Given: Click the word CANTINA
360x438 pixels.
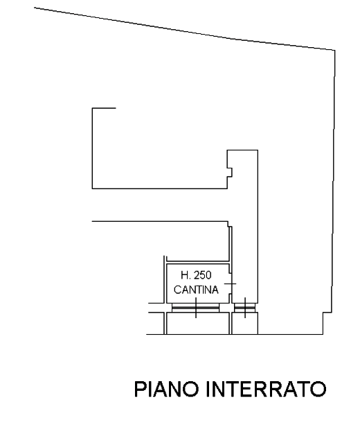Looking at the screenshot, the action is pyautogui.click(x=196, y=290).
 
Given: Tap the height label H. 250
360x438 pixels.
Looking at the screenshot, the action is pyautogui.click(x=196, y=275).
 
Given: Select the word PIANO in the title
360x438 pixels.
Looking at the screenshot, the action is pyautogui.click(x=167, y=389).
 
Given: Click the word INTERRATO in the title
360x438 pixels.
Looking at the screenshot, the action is pyautogui.click(x=267, y=389).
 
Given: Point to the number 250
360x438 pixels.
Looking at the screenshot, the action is pyautogui.click(x=203, y=275).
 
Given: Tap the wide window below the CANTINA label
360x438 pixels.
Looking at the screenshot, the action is pyautogui.click(x=196, y=308).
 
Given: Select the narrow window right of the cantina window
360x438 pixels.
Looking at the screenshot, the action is pyautogui.click(x=245, y=308).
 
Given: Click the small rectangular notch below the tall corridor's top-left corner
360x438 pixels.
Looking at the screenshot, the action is pyautogui.click(x=230, y=173).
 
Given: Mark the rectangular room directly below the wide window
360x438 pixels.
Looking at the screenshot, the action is pyautogui.click(x=198, y=323).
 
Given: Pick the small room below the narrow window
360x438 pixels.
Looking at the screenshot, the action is pyautogui.click(x=245, y=323).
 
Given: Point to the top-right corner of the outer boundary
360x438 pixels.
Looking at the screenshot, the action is pyautogui.click(x=335, y=51).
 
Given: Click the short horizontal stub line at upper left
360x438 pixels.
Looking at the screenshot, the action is pyautogui.click(x=104, y=108).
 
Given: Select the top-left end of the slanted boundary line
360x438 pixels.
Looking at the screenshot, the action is pyautogui.click(x=35, y=8).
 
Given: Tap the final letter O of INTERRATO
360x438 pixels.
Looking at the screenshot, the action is pyautogui.click(x=318, y=389).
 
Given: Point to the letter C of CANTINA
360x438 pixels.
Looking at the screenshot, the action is pyautogui.click(x=177, y=290).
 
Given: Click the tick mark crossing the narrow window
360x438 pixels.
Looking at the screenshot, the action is pyautogui.click(x=245, y=308).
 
